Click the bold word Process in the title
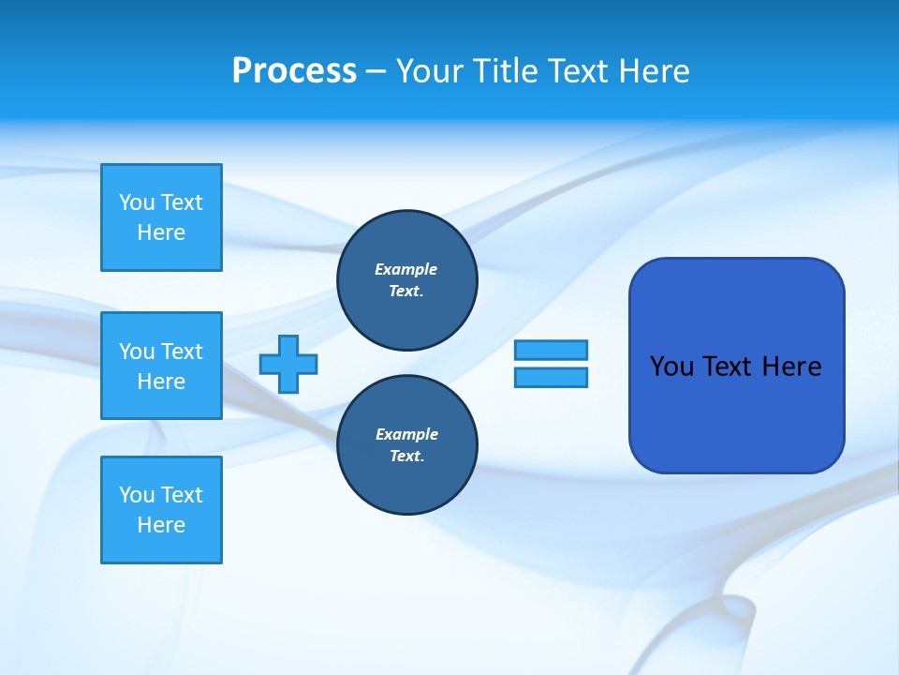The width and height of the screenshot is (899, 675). (294, 71)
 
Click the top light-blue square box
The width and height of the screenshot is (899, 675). (161, 217)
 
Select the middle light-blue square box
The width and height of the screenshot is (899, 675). (161, 366)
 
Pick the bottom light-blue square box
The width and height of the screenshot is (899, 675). (161, 510)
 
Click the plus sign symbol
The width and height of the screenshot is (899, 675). (288, 365)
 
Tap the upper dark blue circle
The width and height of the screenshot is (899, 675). (406, 280)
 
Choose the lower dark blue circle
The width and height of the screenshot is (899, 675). (406, 445)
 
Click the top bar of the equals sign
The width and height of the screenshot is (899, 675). (551, 350)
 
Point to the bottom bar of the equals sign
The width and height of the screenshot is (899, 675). (551, 378)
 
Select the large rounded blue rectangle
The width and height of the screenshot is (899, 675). (736, 412)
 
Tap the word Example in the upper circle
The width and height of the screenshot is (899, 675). (405, 269)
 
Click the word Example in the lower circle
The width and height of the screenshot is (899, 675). (406, 434)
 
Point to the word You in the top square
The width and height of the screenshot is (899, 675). (136, 202)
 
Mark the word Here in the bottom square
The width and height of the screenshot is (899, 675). (161, 525)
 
